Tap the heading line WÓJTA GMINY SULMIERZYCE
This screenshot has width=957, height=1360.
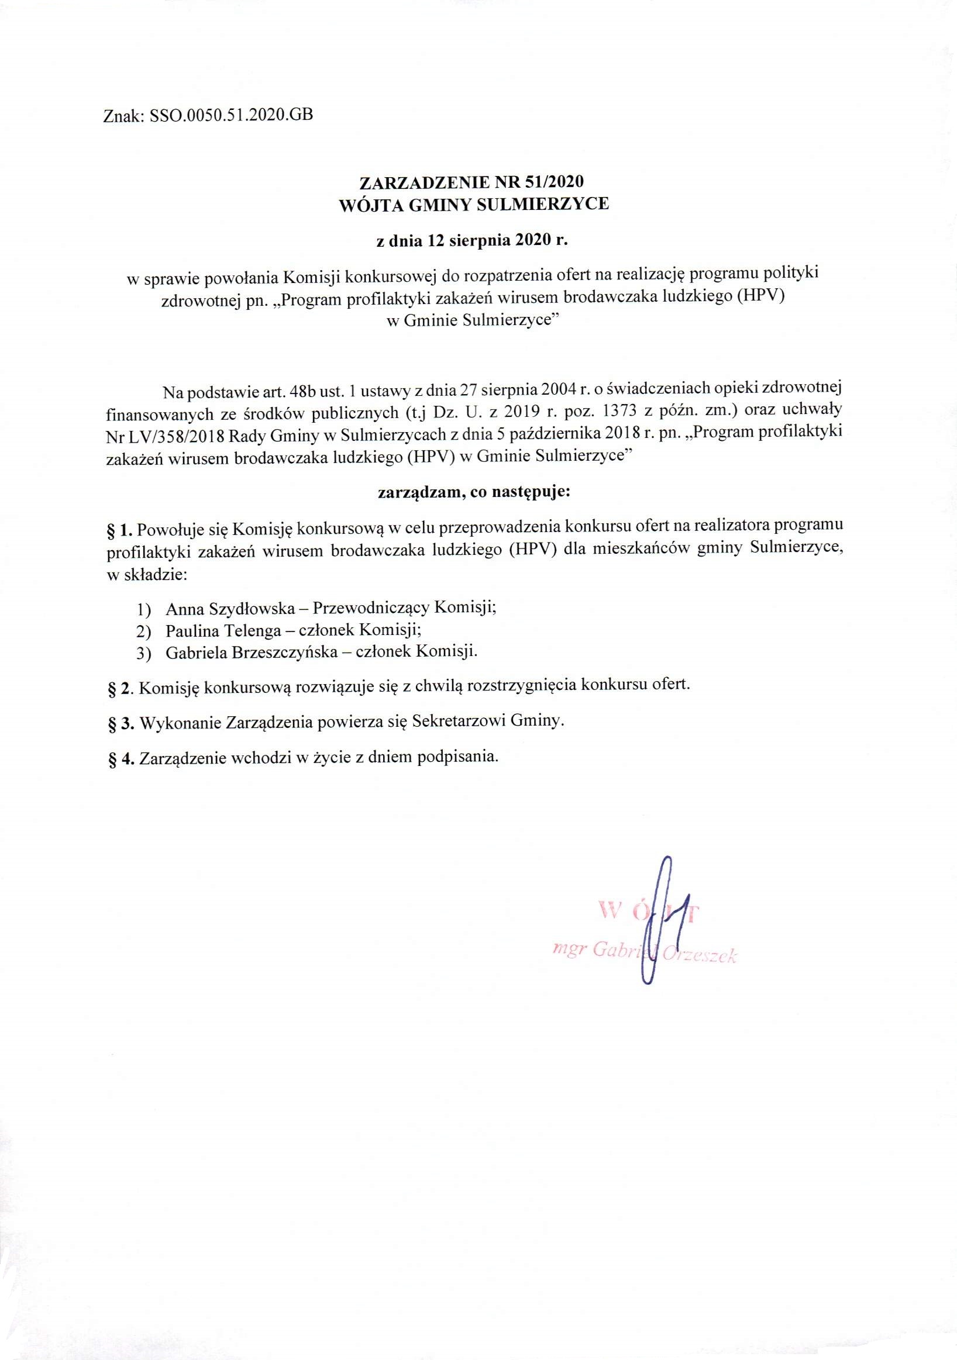tap(473, 205)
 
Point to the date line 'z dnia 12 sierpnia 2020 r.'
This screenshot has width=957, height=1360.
tap(473, 240)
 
